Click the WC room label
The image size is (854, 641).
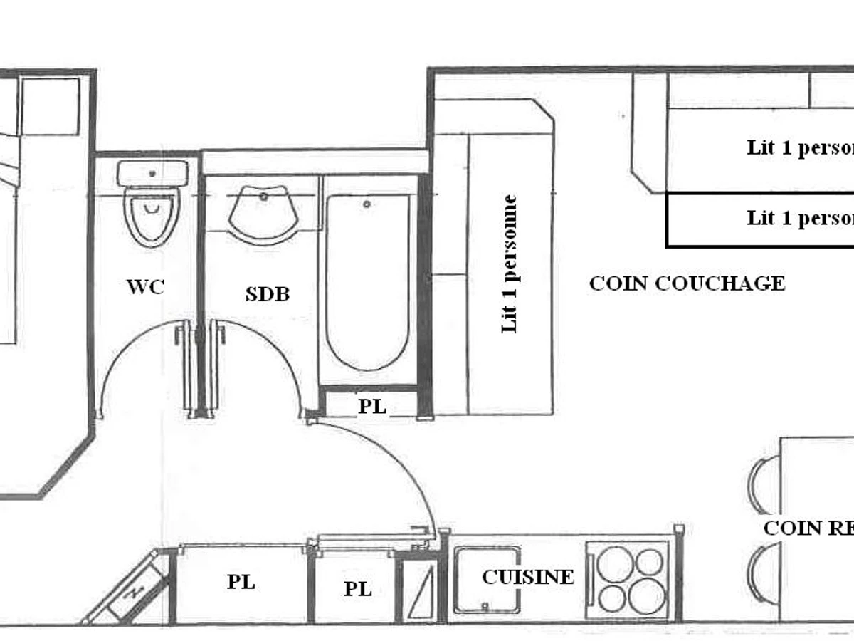click(x=146, y=287)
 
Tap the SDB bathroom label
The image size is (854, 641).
click(x=268, y=293)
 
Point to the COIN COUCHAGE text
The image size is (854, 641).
click(x=687, y=283)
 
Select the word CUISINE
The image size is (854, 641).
click(x=527, y=577)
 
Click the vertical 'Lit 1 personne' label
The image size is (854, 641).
click(x=510, y=264)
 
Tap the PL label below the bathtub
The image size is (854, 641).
click(x=371, y=407)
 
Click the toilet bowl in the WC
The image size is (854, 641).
click(x=151, y=214)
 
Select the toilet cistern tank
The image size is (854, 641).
click(x=152, y=173)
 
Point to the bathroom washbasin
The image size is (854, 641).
click(x=263, y=212)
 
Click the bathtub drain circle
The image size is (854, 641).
click(x=367, y=204)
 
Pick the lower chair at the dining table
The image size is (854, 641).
click(x=762, y=573)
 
